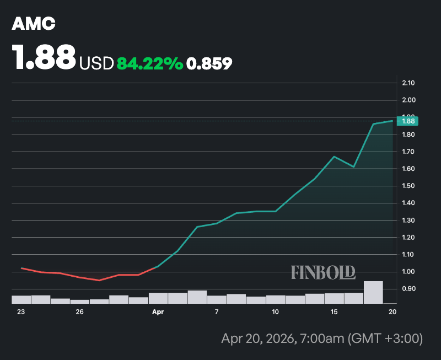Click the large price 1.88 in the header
44,57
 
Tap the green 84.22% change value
149,64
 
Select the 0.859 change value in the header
209,64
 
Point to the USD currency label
96,64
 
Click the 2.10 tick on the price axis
408,83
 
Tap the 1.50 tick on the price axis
408,186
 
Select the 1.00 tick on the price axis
408,271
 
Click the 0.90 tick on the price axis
408,288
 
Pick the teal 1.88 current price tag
408,121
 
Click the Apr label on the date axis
158,312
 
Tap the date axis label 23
21,312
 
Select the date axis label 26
79,312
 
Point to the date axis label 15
334,312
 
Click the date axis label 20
392,312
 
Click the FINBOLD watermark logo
323,272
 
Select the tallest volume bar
373,292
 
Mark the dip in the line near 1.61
353,166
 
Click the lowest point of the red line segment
99,280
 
